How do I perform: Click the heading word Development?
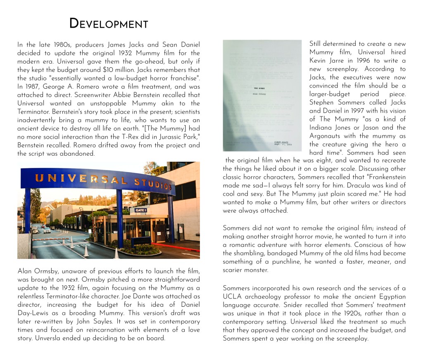109,24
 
